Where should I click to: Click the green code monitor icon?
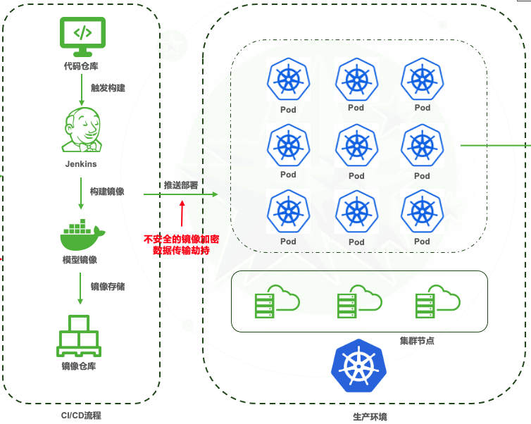coord(82,37)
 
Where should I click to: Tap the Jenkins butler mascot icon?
coord(82,130)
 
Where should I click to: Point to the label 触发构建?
coord(108,88)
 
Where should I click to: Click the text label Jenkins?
coord(82,164)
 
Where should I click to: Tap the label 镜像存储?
coord(108,287)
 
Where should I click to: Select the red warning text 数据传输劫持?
coord(181,250)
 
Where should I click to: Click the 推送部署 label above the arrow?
coord(181,185)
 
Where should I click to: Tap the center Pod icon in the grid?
coord(356,146)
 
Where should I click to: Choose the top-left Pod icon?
coord(288,79)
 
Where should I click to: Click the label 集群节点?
coord(417,340)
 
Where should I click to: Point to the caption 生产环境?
coord(370,417)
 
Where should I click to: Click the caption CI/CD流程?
coord(81,416)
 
